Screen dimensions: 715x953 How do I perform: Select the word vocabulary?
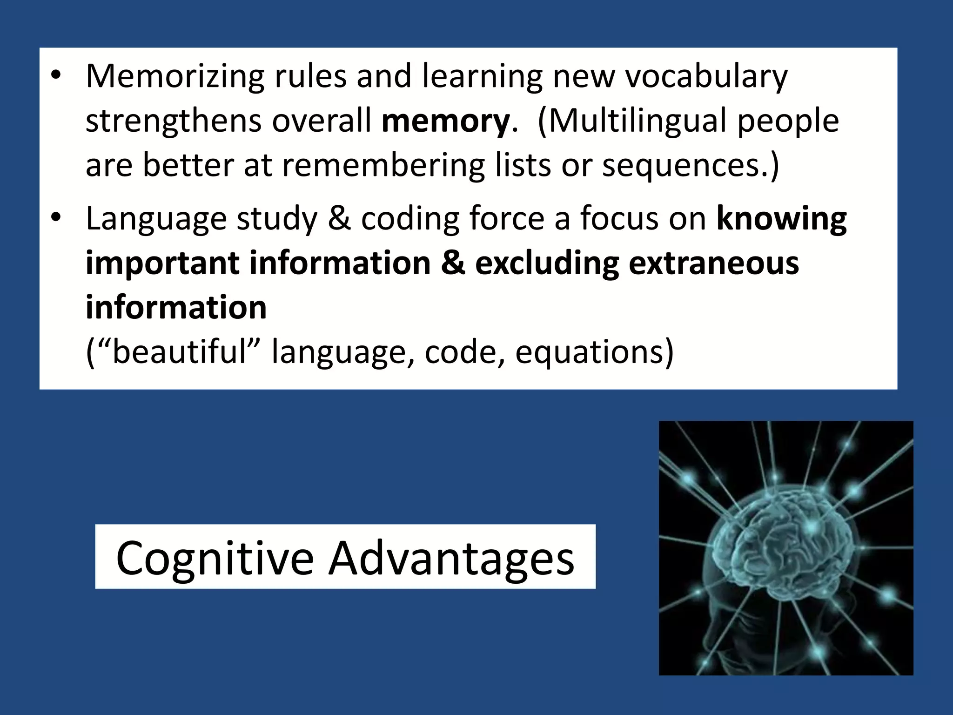[x=706, y=77]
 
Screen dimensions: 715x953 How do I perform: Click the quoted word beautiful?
[x=179, y=351]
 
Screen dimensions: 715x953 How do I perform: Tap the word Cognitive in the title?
[x=215, y=557]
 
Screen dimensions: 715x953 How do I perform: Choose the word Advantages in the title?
[x=451, y=557]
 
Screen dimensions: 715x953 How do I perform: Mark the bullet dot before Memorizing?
[x=56, y=76]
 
